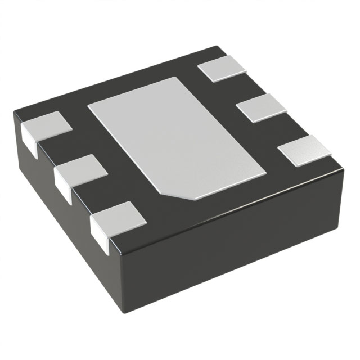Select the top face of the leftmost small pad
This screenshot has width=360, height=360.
tap(47, 124)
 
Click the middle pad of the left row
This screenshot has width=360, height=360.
tap(82, 168)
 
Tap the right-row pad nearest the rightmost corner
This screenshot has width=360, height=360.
tap(304, 149)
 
